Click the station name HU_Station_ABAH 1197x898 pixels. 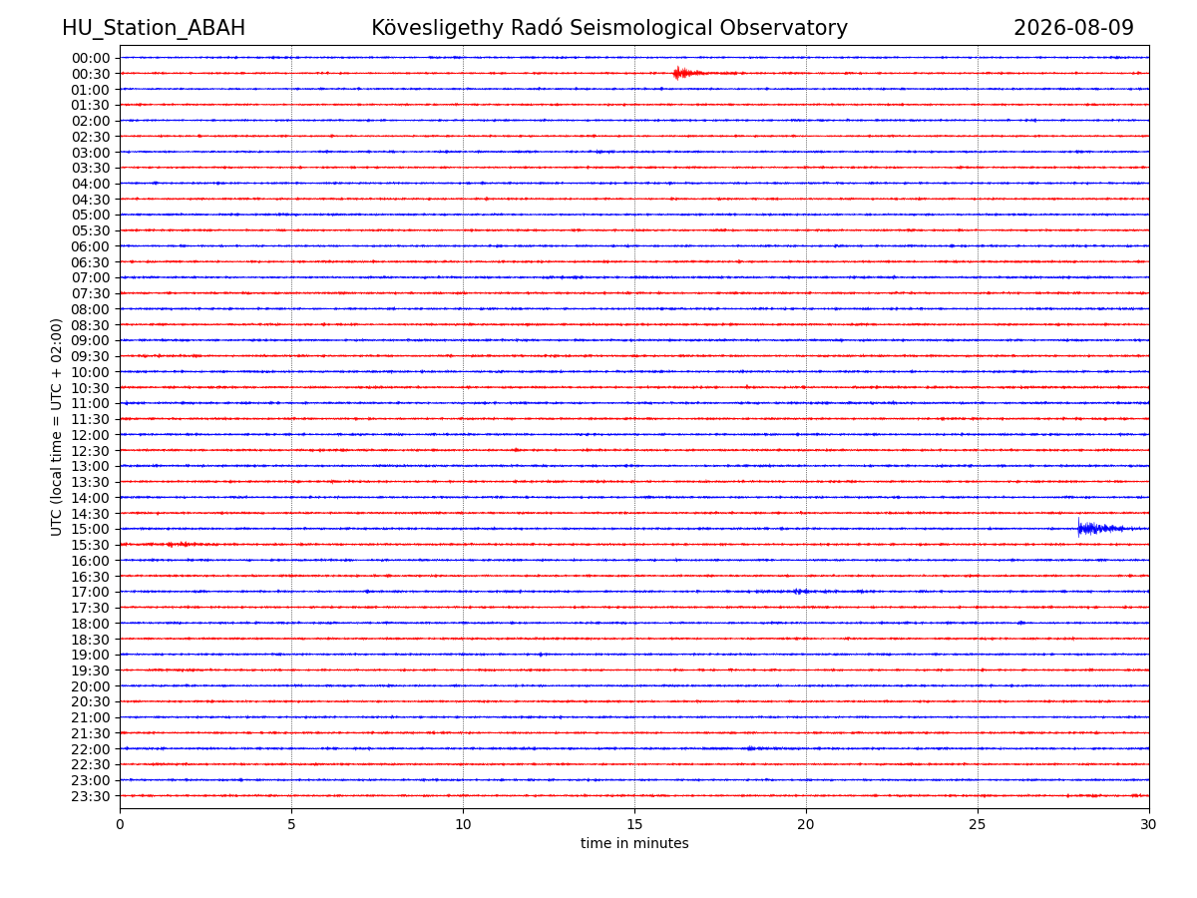[154, 28]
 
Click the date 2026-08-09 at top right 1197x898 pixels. [1072, 28]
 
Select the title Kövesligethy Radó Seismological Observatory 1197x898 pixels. [609, 28]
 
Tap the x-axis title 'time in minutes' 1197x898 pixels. [634, 843]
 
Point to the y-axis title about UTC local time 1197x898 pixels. [56, 427]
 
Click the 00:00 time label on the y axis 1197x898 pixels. [91, 58]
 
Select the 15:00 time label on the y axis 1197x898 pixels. [91, 529]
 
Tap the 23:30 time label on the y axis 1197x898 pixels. [91, 796]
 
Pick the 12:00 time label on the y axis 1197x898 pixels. [91, 435]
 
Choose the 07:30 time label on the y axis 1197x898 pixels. [91, 293]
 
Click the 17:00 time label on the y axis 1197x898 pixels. [91, 592]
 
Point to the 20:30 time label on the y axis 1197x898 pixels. [91, 701]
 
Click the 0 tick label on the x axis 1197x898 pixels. [120, 824]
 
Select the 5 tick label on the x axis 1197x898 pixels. [291, 824]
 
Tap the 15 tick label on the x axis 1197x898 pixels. [634, 824]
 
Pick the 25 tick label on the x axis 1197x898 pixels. [978, 824]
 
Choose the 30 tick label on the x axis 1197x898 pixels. [1148, 824]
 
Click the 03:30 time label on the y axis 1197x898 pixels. [91, 168]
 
